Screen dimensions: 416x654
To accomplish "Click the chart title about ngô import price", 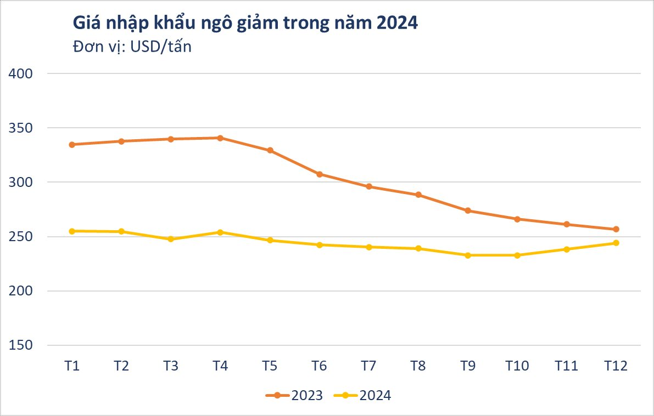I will [x=245, y=24].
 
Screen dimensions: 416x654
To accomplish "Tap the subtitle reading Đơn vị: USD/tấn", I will [x=132, y=47].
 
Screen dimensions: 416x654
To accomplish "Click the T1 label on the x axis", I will [x=72, y=366].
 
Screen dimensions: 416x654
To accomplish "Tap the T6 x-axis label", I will [x=319, y=366].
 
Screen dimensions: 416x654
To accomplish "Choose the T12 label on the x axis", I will [x=616, y=366].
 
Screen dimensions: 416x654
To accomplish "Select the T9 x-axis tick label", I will [x=467, y=366].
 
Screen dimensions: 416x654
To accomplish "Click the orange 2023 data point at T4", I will [x=220, y=138].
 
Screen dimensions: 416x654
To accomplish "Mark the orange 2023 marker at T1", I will [x=72, y=145].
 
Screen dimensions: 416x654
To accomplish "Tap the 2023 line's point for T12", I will [x=616, y=229].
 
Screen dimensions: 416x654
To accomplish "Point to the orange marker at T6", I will [x=319, y=174].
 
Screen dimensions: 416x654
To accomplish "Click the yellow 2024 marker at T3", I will [x=171, y=239].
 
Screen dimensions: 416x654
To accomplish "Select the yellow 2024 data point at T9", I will [x=467, y=255].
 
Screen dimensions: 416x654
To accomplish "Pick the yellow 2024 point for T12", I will [x=616, y=243].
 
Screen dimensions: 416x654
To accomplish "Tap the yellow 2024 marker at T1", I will [x=72, y=231].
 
